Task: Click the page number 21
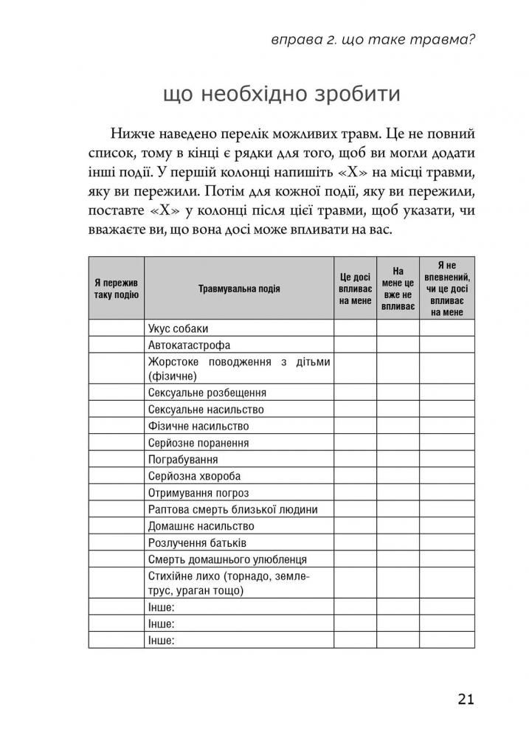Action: tap(466, 700)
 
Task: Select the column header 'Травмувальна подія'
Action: tap(239, 289)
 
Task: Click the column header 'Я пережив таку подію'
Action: tap(117, 289)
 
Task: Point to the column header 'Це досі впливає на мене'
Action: tap(356, 289)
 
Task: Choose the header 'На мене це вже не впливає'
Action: tap(398, 288)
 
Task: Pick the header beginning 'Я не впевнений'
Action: tap(447, 288)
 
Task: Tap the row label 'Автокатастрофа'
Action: tap(189, 345)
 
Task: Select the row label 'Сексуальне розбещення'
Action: tap(207, 393)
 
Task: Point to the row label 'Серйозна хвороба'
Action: tap(194, 476)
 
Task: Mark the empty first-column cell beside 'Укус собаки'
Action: tap(117, 328)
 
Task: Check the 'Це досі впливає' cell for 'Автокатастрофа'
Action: tap(356, 345)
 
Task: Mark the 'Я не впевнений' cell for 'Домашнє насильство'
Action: tap(447, 526)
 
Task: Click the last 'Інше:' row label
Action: tap(161, 640)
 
